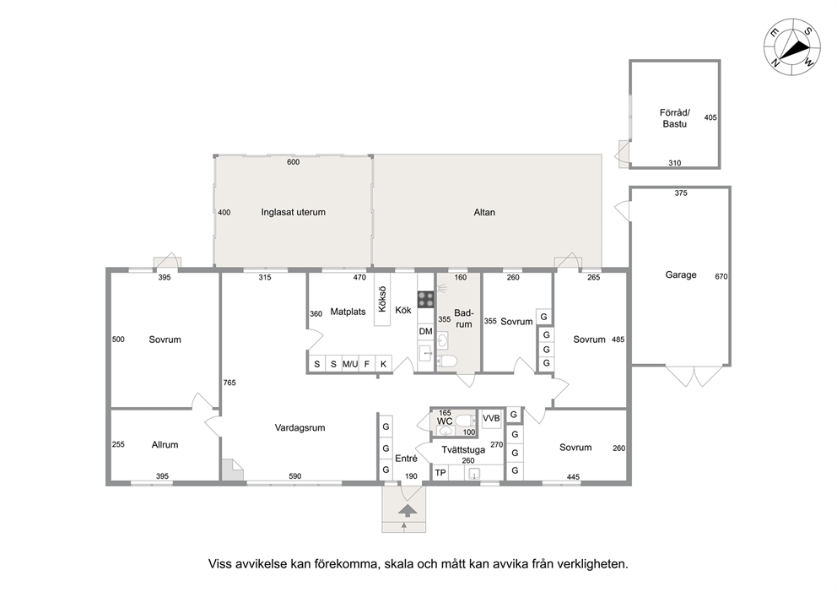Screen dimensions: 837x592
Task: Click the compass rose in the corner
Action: point(792,47)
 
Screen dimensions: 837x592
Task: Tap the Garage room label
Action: point(681,274)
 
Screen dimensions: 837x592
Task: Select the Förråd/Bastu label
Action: point(675,118)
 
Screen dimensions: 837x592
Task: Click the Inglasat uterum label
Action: point(293,212)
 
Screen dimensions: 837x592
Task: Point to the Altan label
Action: point(484,212)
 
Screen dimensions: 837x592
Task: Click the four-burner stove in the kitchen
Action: point(425,299)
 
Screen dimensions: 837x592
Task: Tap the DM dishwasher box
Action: point(425,331)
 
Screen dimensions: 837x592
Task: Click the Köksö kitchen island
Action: point(382,299)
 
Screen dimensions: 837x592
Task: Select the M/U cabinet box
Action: point(350,364)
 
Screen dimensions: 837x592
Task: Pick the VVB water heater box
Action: point(491,418)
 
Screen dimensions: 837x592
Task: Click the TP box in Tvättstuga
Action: point(440,473)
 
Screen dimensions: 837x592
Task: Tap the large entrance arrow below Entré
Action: point(408,510)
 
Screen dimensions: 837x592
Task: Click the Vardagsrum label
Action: point(300,427)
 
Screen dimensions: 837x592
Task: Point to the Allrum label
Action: point(165,444)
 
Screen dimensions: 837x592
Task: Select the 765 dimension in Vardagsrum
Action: point(229,383)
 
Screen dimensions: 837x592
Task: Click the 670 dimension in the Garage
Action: point(721,276)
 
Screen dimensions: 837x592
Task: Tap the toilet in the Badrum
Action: point(447,361)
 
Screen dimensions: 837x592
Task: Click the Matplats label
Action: point(348,312)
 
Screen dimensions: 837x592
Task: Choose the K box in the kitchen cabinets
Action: point(383,364)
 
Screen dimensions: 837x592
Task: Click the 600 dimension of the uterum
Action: point(293,162)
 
